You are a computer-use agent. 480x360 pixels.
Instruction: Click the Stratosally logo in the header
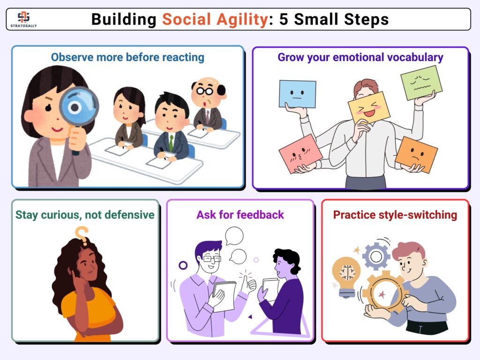coord(23,19)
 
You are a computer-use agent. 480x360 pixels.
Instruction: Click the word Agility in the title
coord(242,20)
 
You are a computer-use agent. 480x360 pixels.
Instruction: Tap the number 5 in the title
coord(284,19)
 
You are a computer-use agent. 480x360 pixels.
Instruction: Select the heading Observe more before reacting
coord(127,57)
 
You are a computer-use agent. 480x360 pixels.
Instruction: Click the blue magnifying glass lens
coord(79,106)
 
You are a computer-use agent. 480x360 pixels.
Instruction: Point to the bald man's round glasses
coord(204,90)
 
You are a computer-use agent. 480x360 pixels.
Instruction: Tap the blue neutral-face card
coord(297,94)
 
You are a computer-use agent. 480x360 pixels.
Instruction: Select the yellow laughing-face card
coord(369,108)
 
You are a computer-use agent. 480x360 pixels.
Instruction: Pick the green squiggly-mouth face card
coord(421,82)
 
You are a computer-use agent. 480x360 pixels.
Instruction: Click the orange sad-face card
coord(416,154)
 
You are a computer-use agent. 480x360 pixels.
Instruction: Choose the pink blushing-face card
coord(300,154)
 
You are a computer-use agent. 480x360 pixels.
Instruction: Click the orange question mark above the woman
coord(82,236)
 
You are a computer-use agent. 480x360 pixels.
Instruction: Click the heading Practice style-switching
coord(395,215)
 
